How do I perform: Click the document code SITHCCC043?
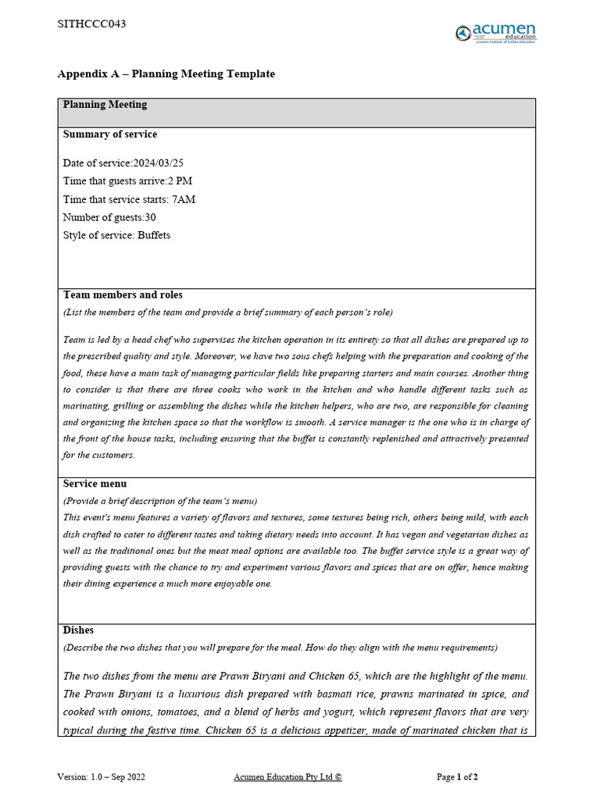[x=91, y=24]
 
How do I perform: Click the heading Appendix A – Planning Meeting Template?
[x=166, y=74]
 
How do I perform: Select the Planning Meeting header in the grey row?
[x=105, y=105]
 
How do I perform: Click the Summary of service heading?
[x=109, y=134]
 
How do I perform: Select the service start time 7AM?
[x=184, y=199]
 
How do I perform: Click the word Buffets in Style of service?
[x=154, y=235]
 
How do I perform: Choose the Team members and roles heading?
[x=123, y=295]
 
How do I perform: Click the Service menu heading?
[x=95, y=484]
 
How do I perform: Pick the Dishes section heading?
[x=78, y=630]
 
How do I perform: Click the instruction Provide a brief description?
[x=160, y=501]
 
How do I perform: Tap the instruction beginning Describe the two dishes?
[x=280, y=647]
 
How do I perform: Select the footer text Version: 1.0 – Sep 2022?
[x=101, y=777]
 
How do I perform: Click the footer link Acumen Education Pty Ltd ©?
[x=287, y=777]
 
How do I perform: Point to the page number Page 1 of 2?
[x=457, y=777]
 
